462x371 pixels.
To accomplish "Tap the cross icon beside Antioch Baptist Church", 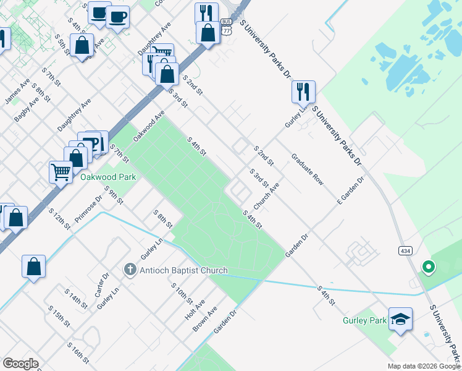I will click(130, 270).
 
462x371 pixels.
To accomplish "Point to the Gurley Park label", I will click(364, 320).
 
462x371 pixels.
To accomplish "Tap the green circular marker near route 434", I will click(428, 267).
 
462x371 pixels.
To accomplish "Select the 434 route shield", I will click(401, 250).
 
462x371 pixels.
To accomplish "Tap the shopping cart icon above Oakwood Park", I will click(61, 171).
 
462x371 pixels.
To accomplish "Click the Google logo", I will click(20, 363).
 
